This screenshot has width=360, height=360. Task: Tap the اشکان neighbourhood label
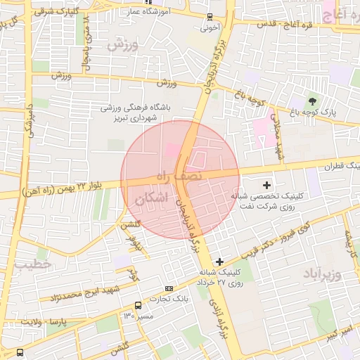pos(150,199)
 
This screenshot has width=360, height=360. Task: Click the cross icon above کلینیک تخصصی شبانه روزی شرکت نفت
pos(266,184)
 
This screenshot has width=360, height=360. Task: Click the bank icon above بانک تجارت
pos(168,288)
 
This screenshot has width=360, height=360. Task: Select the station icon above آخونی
pos(210,17)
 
